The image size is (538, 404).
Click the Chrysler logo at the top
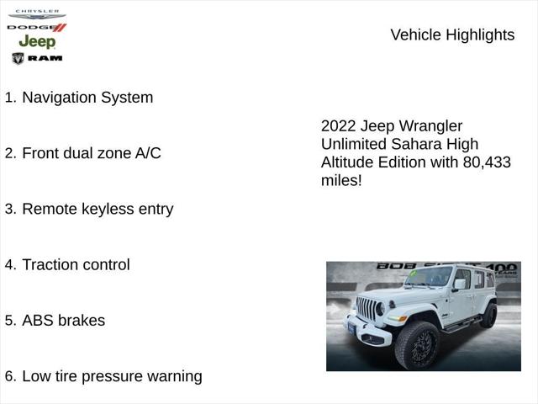37,14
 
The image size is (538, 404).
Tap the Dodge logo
37,27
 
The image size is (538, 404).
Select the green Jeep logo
37,41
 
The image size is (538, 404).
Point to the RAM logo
37,58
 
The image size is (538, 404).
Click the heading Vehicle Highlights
452,35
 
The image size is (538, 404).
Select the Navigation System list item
87,98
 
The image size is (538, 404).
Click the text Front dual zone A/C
91,153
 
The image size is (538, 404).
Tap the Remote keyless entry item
98,209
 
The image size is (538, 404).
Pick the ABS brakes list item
63,321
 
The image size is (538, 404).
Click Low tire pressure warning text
112,376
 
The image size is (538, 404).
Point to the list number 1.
10,98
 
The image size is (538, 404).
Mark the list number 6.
10,376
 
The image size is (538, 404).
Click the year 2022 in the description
339,125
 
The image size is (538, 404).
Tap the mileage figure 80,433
486,162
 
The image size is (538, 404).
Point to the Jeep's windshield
429,277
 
